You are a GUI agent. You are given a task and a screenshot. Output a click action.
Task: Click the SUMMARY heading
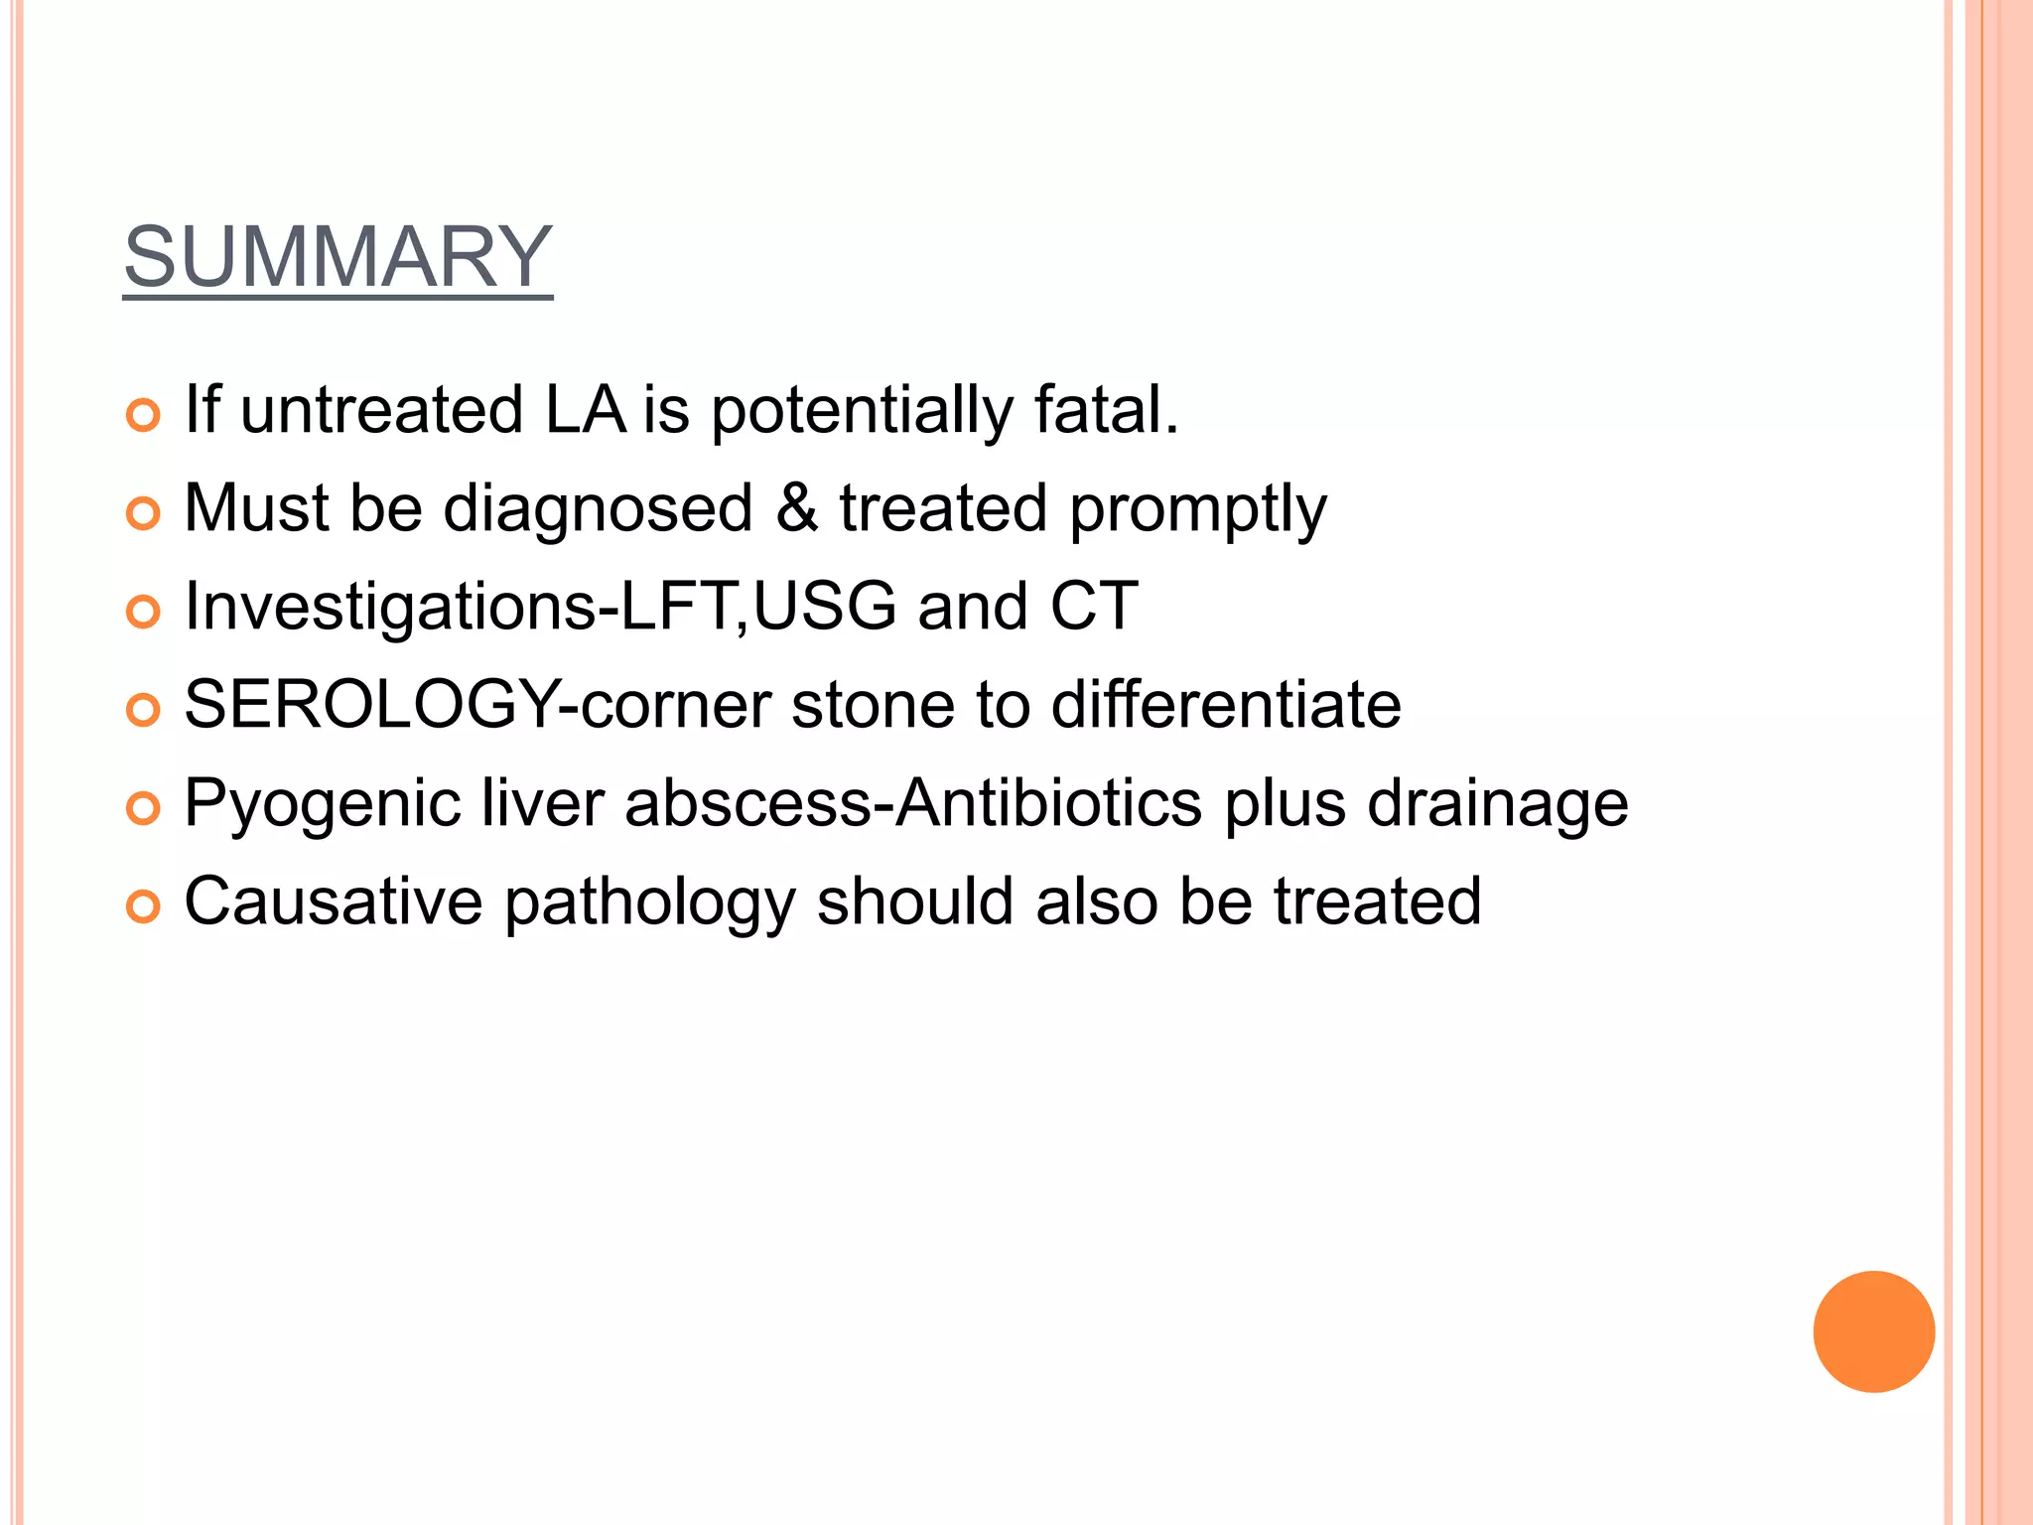click(x=338, y=257)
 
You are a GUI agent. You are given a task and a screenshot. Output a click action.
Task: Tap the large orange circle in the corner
click(x=1873, y=1331)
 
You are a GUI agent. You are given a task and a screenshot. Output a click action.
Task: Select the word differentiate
click(x=1226, y=704)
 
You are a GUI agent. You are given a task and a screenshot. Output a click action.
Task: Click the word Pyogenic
click(x=323, y=804)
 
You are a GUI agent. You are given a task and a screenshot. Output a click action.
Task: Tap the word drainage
click(x=1497, y=804)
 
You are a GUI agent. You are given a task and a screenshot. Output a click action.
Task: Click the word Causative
click(x=334, y=901)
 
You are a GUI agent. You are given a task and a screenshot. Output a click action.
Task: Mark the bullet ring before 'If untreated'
click(x=144, y=415)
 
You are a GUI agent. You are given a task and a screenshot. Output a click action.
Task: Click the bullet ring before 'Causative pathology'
click(x=144, y=906)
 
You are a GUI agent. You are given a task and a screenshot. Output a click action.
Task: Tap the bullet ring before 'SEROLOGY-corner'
click(x=144, y=710)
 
